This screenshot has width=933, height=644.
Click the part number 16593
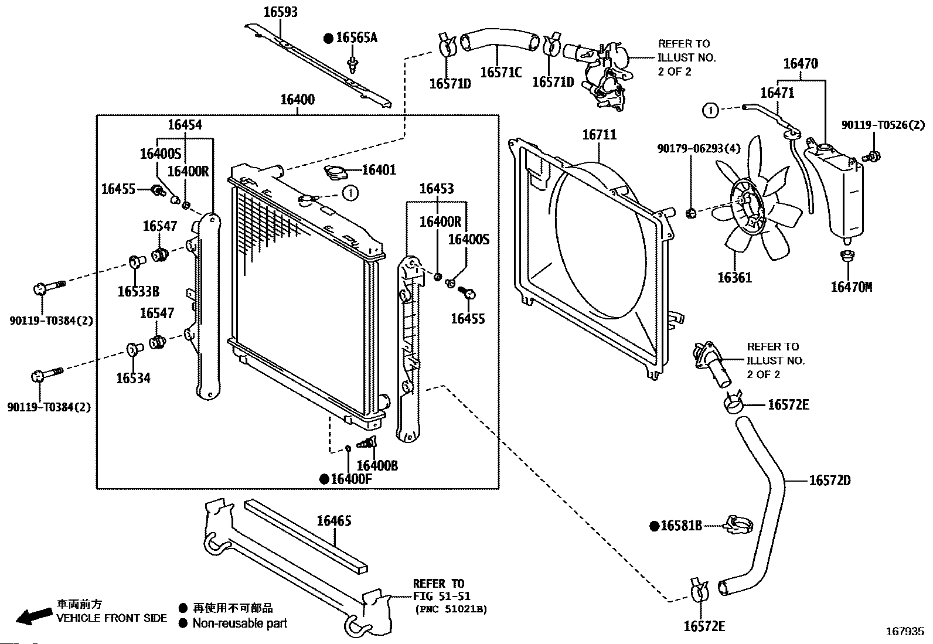click(x=281, y=12)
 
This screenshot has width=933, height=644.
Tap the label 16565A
click(x=356, y=38)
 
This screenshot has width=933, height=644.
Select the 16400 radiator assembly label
click(x=297, y=100)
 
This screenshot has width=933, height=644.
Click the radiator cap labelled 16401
click(x=336, y=172)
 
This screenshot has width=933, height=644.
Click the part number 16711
click(x=600, y=135)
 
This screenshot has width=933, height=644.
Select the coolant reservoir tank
click(x=835, y=189)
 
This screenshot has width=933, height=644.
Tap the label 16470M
click(x=852, y=287)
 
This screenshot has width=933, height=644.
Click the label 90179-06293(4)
click(x=699, y=148)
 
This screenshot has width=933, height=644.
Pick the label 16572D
click(x=830, y=481)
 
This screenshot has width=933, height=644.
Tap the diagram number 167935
click(x=905, y=631)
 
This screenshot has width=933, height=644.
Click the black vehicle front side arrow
click(x=34, y=616)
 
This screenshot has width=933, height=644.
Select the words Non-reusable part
click(x=240, y=623)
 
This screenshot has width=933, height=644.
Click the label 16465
click(x=334, y=521)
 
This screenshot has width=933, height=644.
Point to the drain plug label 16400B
click(x=377, y=466)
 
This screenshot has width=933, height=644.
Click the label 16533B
click(x=139, y=292)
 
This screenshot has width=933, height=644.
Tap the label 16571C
click(x=501, y=73)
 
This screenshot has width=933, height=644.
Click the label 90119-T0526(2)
click(x=883, y=125)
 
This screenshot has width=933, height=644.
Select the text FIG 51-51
click(x=441, y=596)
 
